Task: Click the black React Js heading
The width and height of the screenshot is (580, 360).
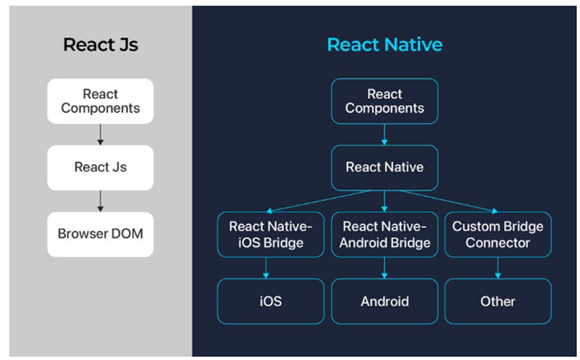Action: [x=101, y=44]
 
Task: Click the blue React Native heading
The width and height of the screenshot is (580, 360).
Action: [x=384, y=44]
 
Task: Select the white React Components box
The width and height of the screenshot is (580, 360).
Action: [x=101, y=101]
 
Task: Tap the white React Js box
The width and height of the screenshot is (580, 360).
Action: [x=101, y=167]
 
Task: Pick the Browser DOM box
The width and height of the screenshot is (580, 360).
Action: [x=101, y=234]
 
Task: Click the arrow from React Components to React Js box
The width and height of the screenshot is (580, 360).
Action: [x=101, y=134]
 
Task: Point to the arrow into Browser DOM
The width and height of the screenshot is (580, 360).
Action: [x=101, y=201]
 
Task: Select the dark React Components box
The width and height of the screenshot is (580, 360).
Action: [x=384, y=101]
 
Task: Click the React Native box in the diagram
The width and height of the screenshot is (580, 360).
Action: [x=384, y=167]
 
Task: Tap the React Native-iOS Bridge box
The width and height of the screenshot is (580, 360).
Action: [x=271, y=235]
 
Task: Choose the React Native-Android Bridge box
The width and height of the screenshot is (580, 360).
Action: [x=384, y=235]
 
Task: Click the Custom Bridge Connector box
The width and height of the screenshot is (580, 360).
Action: [x=498, y=235]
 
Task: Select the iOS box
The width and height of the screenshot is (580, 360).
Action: [x=271, y=301]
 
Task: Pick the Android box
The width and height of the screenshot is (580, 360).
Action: [x=384, y=301]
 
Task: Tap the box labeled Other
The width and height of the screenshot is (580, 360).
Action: [x=498, y=301]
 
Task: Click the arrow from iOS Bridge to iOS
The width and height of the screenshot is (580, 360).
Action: [x=267, y=267]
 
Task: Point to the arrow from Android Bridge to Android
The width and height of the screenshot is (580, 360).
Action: [x=384, y=267]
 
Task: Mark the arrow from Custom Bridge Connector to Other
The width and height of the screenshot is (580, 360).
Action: [x=498, y=267]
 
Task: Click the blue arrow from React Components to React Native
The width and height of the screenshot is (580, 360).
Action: [x=384, y=134]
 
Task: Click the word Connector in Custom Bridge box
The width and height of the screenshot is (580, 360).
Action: [x=498, y=243]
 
